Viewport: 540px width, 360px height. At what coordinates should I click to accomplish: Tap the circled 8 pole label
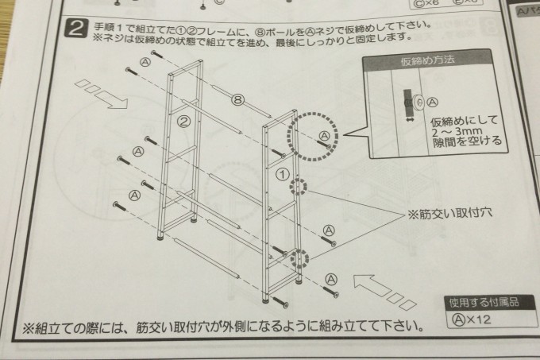click(237, 100)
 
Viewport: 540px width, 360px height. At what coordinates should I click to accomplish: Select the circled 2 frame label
click(183, 122)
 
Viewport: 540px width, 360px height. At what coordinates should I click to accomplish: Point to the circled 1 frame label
click(280, 172)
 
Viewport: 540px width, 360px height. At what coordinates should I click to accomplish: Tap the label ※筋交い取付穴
click(438, 214)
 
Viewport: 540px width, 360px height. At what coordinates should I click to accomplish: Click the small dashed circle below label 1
click(299, 188)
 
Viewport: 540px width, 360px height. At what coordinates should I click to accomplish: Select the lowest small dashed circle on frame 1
click(299, 259)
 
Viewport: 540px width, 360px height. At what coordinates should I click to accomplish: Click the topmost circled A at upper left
click(144, 61)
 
